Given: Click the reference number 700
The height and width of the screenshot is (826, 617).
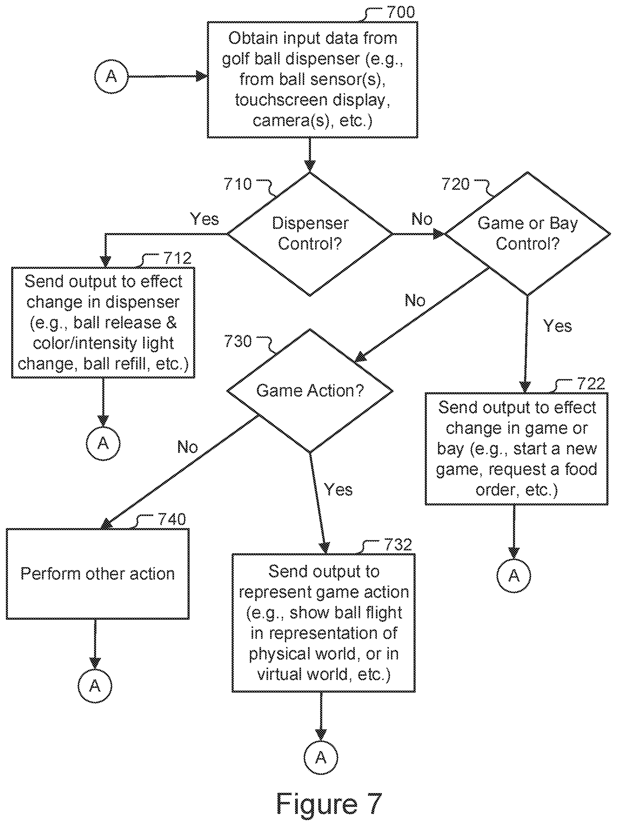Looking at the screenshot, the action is pos(401,12).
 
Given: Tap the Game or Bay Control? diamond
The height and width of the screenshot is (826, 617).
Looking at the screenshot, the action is pos(527,234).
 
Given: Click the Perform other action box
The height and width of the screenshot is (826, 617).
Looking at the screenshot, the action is pos(98,574).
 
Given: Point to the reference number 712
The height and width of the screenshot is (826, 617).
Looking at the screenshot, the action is pos(178,258).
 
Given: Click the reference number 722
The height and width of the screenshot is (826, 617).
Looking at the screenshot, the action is pos(591,383).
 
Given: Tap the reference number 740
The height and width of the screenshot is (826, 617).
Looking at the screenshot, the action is pos(172,519).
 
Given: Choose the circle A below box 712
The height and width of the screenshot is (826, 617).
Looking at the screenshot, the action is pos(103,443).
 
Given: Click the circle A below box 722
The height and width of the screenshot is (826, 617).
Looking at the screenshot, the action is pos(514,576).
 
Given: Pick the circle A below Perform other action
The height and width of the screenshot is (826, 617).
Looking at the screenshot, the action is pos(95,686).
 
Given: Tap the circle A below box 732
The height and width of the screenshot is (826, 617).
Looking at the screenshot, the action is pos(321,757).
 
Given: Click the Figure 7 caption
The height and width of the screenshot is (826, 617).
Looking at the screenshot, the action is pos(329,803).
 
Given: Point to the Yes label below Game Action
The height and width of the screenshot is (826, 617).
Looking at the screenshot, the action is pos(338,489).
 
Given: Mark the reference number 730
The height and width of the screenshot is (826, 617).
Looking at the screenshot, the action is pos(238,341).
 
